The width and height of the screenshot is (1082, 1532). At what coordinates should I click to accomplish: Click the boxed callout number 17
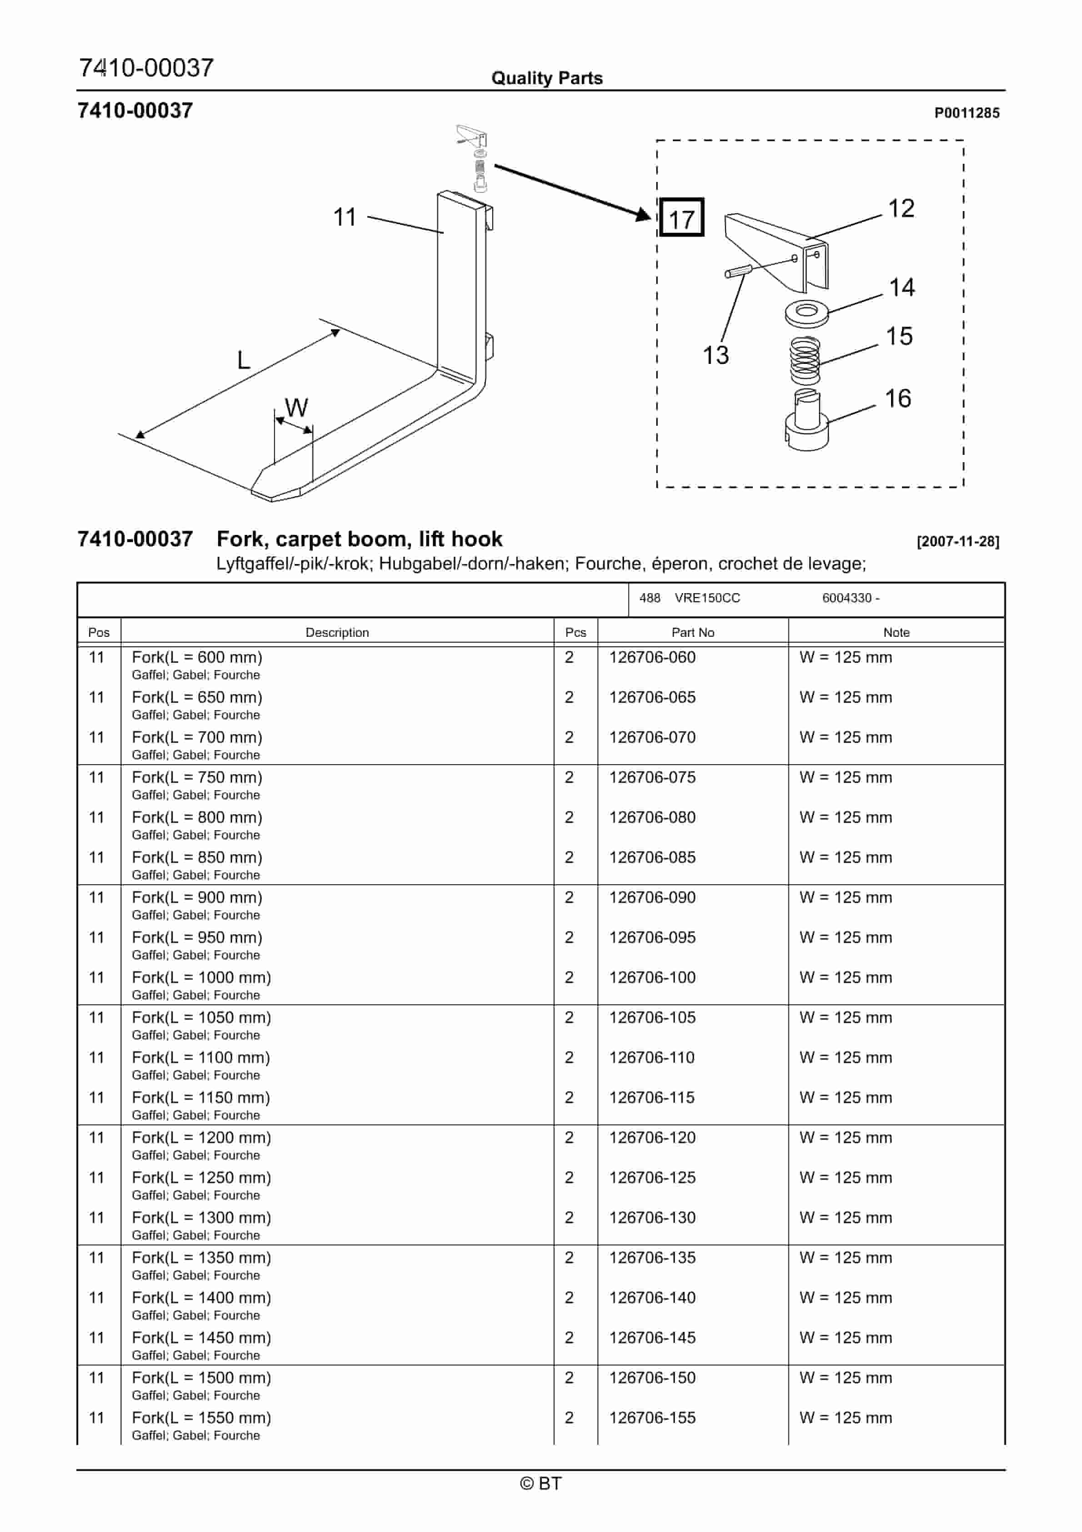click(681, 219)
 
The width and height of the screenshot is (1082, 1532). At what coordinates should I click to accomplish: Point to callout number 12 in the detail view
click(901, 209)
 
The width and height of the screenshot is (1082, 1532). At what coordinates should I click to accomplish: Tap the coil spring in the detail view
click(805, 360)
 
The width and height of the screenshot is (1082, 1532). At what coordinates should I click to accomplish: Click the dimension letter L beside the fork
click(244, 360)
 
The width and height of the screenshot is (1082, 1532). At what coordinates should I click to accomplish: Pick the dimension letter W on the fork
click(296, 408)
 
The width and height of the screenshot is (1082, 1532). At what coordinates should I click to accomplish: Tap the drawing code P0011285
click(966, 113)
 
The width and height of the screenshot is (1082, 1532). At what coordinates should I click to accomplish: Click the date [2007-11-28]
click(957, 541)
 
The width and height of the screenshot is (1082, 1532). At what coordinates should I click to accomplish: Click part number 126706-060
click(652, 657)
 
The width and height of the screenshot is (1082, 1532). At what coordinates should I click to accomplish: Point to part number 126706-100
click(652, 978)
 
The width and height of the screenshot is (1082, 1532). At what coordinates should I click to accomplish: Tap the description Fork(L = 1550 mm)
click(201, 1418)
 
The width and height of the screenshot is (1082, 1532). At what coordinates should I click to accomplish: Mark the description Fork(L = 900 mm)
click(197, 897)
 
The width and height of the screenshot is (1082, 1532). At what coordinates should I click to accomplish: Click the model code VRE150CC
click(707, 598)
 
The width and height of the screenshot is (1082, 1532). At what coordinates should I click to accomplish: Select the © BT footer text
click(541, 1483)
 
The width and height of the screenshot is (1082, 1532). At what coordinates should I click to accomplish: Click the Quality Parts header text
click(546, 78)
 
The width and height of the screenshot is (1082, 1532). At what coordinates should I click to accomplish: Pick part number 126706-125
click(652, 1178)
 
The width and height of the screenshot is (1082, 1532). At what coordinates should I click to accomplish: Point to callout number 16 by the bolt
click(897, 399)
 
